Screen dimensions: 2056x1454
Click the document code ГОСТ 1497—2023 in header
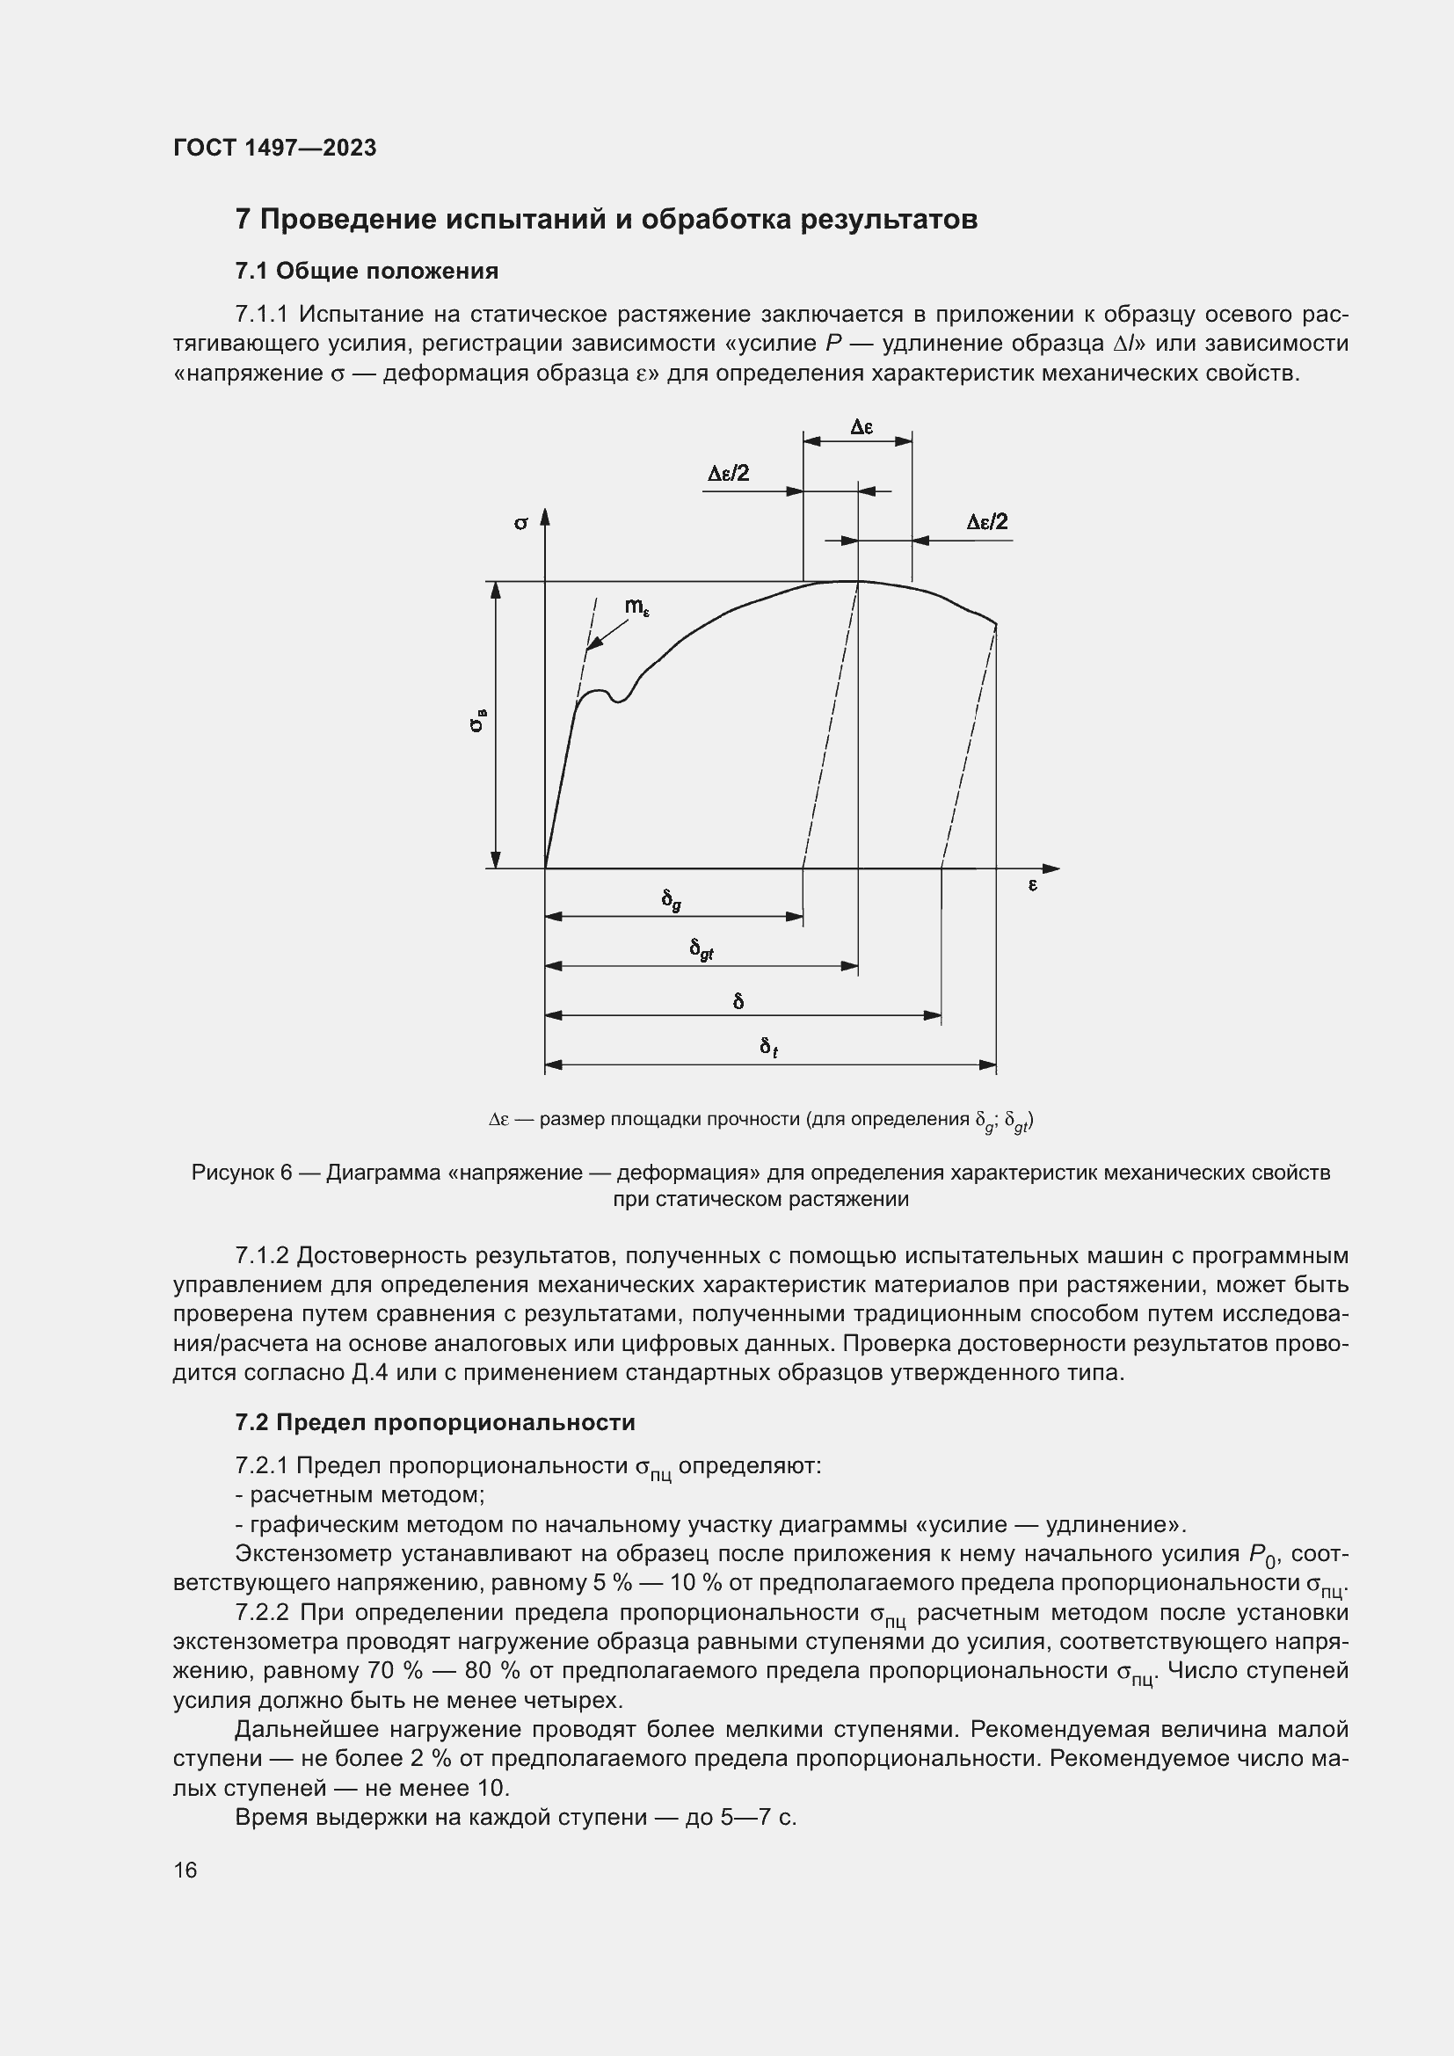(x=275, y=148)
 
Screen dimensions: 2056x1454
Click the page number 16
(x=185, y=1870)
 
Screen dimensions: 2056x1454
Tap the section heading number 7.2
(x=253, y=1422)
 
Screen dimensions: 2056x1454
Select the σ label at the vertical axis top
(x=521, y=522)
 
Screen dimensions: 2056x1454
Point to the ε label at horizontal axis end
(x=1032, y=885)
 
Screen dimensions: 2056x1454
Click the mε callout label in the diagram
(x=636, y=607)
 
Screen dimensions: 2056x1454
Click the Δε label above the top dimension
(x=861, y=427)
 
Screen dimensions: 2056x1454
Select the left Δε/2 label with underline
(x=728, y=474)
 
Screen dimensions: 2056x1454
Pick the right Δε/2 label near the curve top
(x=986, y=522)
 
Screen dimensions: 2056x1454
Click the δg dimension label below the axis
(x=672, y=899)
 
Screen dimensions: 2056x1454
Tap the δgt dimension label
(x=701, y=949)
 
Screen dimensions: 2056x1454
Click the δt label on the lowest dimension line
(x=768, y=1047)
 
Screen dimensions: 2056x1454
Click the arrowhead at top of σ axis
(x=544, y=517)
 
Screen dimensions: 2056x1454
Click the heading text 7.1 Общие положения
(x=367, y=271)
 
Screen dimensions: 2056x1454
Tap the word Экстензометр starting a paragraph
(x=311, y=1552)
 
